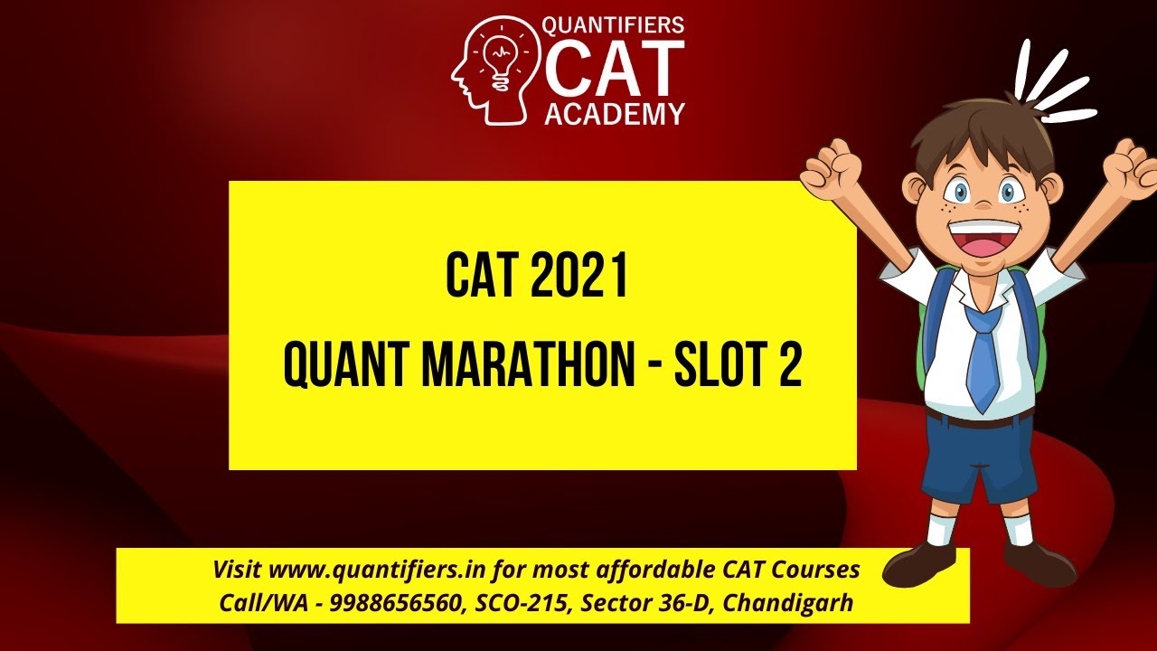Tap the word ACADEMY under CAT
point(614,113)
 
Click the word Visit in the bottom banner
point(238,571)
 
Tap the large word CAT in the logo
point(614,68)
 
